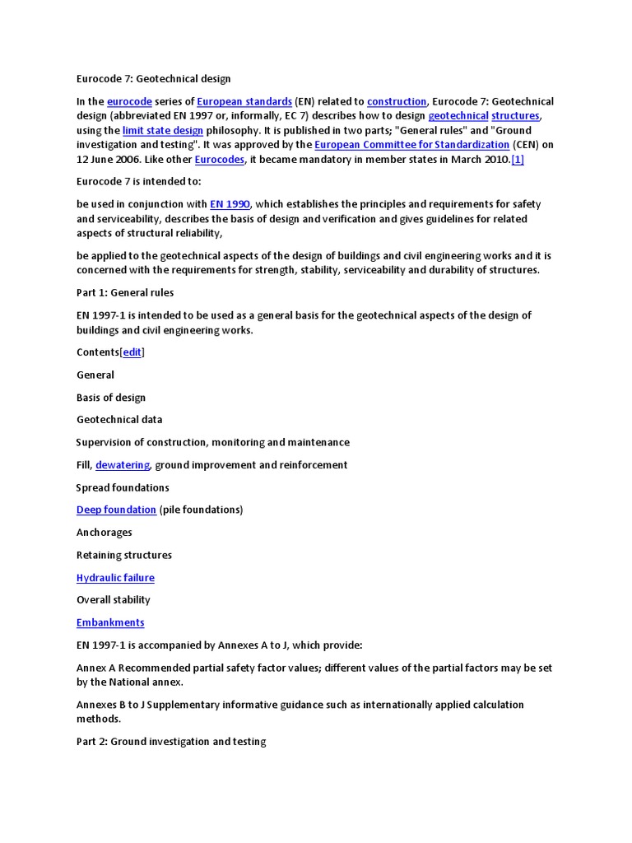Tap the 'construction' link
(397, 101)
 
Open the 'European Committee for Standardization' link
(412, 145)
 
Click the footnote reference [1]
(518, 160)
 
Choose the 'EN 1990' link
(230, 204)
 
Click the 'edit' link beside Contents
(132, 352)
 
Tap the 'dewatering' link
(123, 465)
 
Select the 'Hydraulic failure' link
(115, 578)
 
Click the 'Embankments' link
(110, 622)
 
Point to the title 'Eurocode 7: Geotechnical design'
(153, 79)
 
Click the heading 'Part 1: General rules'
(125, 292)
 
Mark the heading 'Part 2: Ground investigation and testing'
(171, 742)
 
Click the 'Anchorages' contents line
(105, 533)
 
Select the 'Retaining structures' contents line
(124, 555)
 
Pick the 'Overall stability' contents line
(114, 600)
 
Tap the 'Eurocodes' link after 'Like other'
(220, 160)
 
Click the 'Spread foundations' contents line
(123, 487)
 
